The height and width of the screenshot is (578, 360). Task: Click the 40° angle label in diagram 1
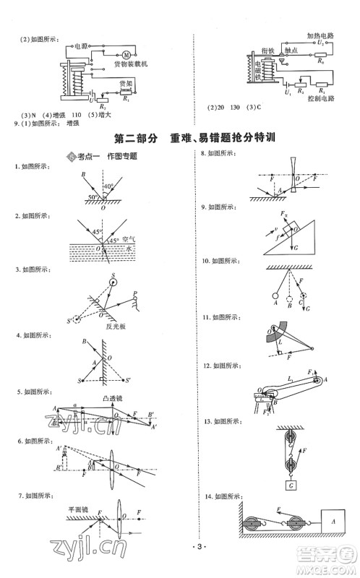tap(107, 187)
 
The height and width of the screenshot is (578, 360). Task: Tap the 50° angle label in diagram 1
tap(91, 197)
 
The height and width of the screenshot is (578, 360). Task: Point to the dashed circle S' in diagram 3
tap(77, 319)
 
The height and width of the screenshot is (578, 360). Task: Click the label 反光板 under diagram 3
tap(112, 325)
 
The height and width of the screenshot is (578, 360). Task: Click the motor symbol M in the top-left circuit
tap(124, 53)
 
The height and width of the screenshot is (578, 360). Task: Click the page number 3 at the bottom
tap(180, 567)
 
